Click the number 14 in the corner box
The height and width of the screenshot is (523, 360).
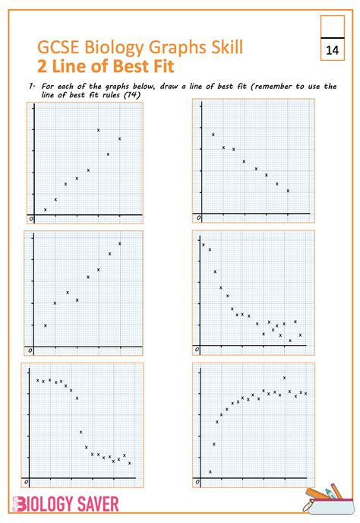pos(332,50)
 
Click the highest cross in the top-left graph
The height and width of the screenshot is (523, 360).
pos(99,130)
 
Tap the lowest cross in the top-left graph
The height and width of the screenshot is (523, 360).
pos(46,209)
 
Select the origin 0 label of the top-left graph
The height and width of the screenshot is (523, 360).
pos(31,219)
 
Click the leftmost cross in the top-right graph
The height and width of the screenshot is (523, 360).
pos(213,135)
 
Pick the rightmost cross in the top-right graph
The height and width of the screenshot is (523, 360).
pos(288,191)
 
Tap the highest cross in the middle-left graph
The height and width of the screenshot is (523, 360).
pos(120,243)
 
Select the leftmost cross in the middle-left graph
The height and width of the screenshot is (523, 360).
pos(46,325)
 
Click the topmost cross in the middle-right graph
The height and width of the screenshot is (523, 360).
pos(204,245)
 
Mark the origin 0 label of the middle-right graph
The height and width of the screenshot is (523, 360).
pos(197,350)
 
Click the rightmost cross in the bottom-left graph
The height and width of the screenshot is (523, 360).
pos(130,463)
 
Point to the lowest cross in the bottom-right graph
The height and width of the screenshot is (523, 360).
pos(210,471)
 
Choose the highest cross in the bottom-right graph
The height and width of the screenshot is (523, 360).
pos(285,378)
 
